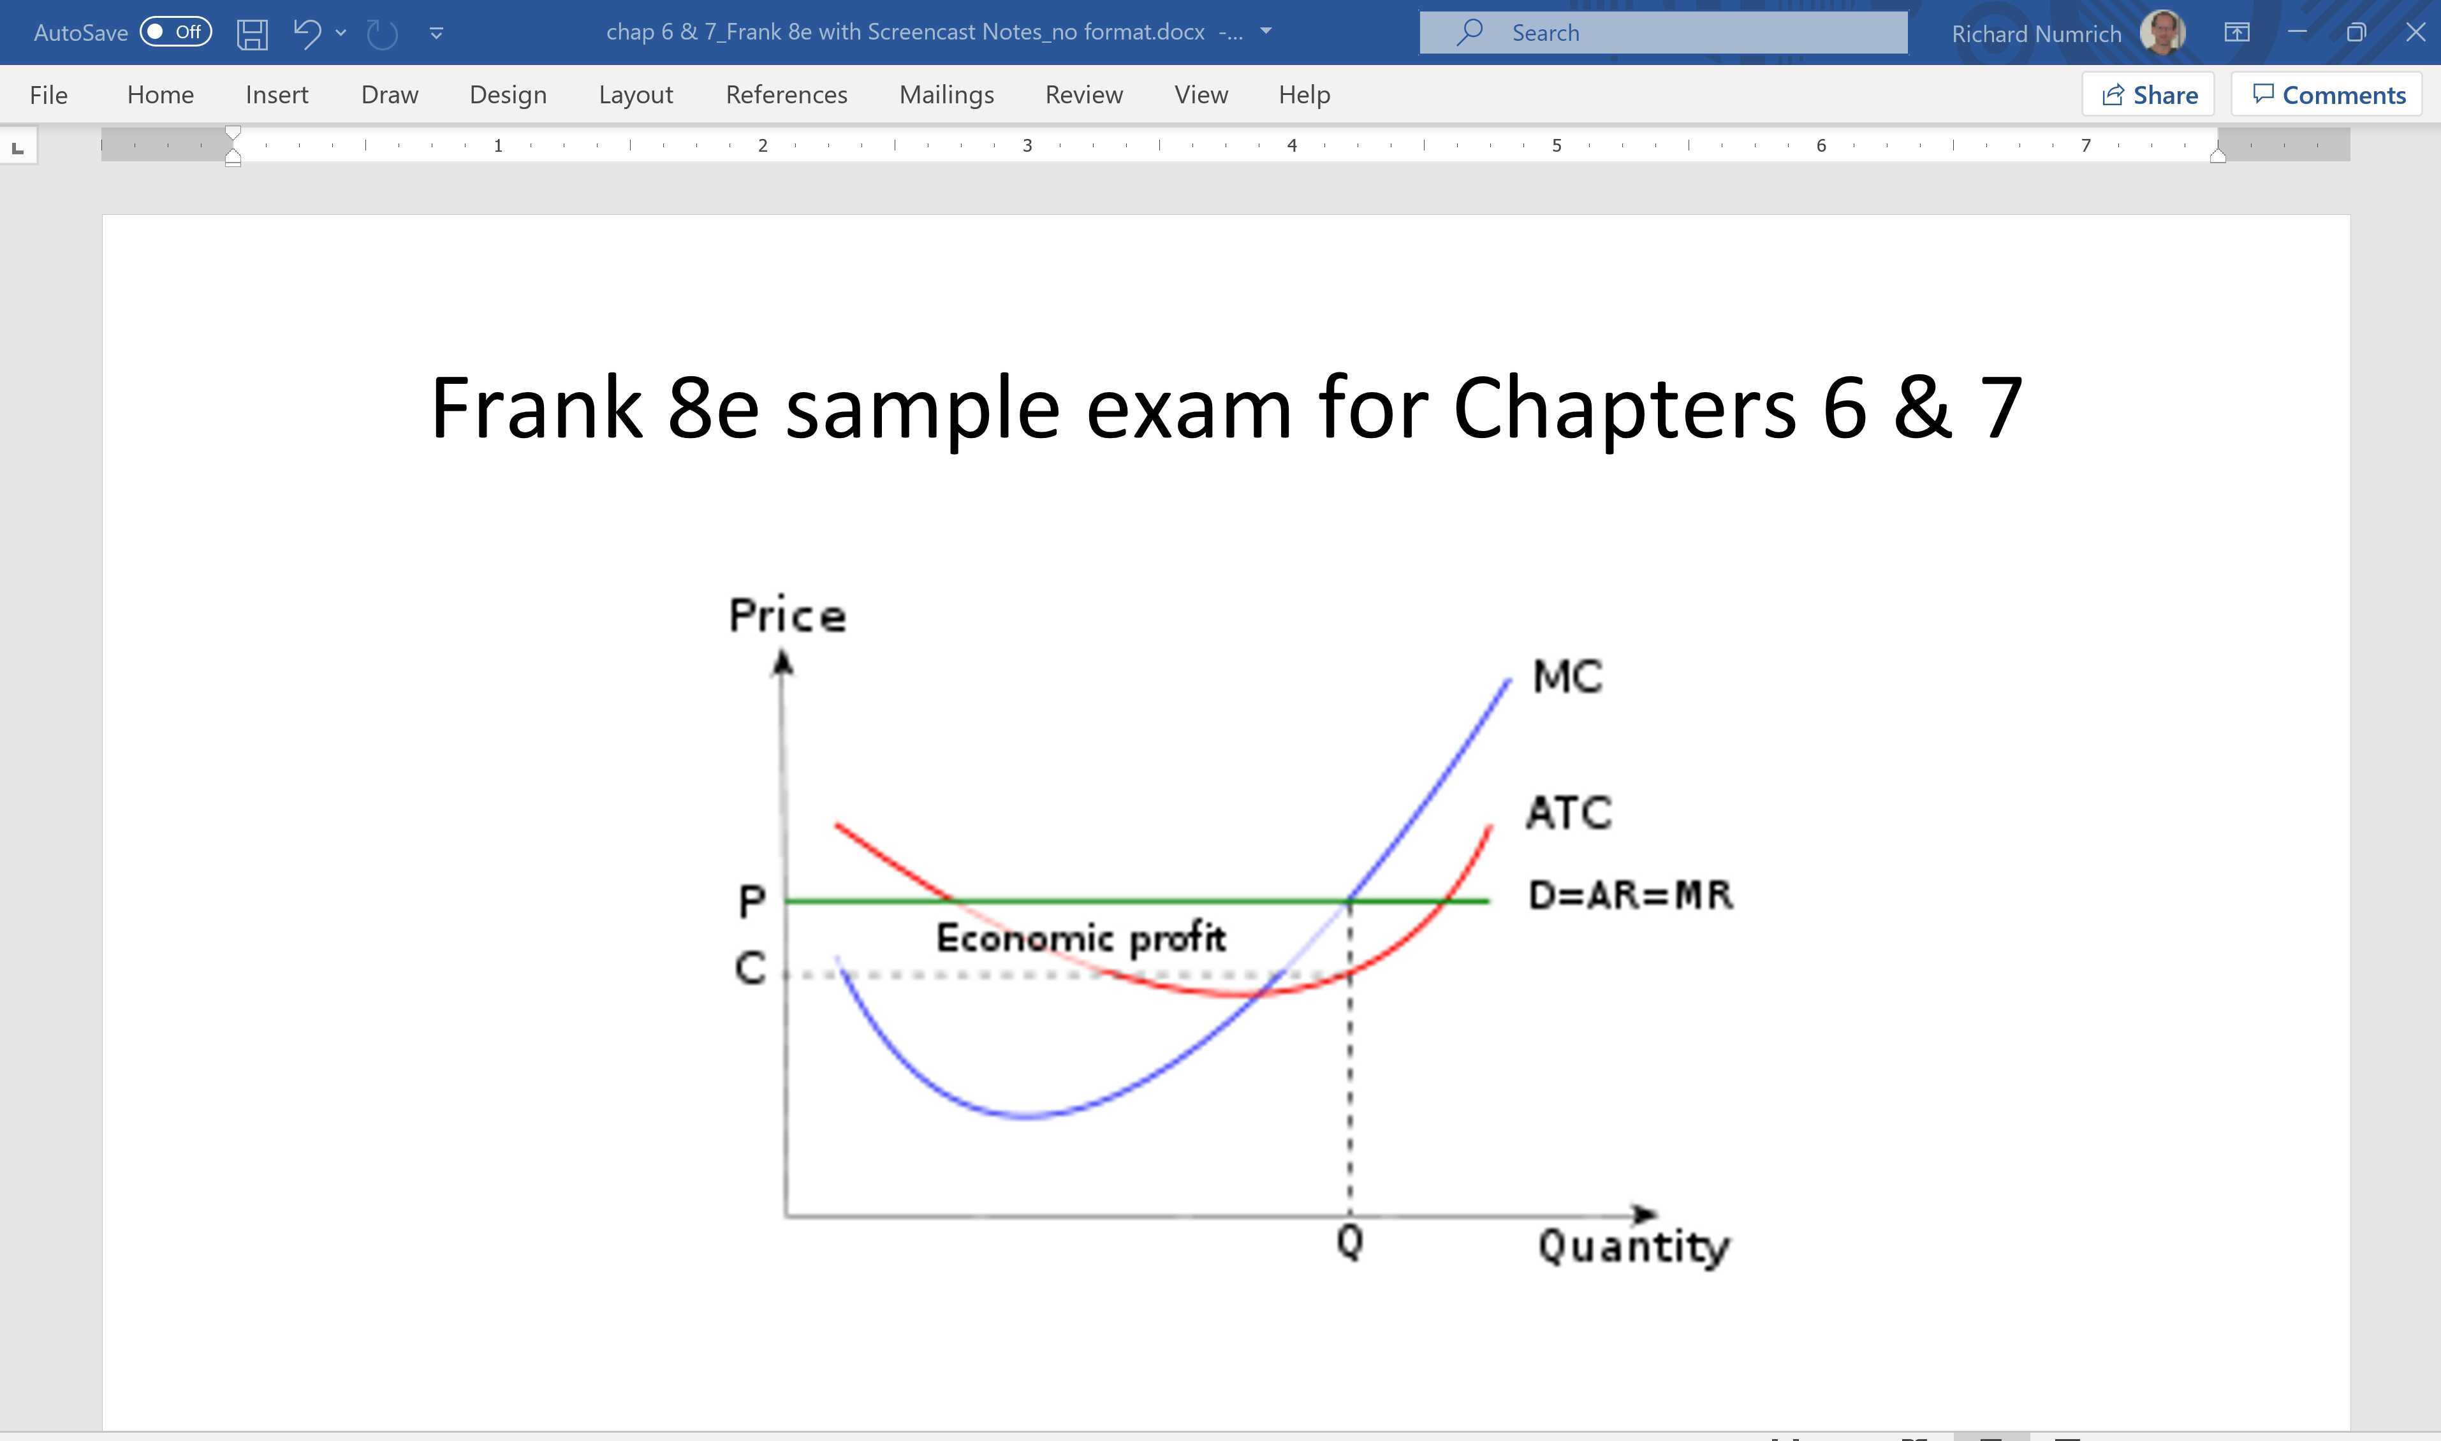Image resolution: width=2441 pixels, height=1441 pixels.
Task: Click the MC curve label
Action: point(1567,677)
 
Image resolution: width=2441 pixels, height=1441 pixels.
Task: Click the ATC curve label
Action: point(1568,813)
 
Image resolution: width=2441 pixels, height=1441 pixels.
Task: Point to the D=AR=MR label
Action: point(1631,895)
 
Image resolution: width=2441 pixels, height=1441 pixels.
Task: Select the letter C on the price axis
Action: point(750,968)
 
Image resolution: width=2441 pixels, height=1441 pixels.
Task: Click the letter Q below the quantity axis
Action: point(1350,1241)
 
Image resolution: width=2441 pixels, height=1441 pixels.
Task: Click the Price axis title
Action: point(788,616)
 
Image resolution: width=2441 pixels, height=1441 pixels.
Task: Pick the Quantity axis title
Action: point(1633,1247)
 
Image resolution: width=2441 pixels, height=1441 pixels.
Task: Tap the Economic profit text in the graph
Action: point(1081,938)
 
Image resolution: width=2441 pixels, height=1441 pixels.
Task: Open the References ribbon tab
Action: point(786,95)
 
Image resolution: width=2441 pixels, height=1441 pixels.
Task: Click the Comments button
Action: point(2327,95)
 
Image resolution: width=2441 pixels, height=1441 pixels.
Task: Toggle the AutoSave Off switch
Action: point(176,32)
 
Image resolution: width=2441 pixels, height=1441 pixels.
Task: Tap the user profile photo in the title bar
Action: point(2162,32)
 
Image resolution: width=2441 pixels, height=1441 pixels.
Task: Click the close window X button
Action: point(2415,32)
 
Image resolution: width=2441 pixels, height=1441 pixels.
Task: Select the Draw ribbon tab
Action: point(390,95)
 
